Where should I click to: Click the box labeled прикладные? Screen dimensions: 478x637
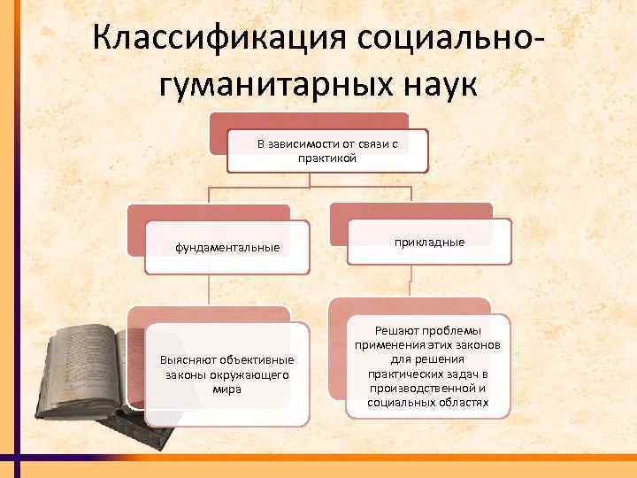tap(429, 241)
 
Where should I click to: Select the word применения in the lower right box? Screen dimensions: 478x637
tap(389, 345)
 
